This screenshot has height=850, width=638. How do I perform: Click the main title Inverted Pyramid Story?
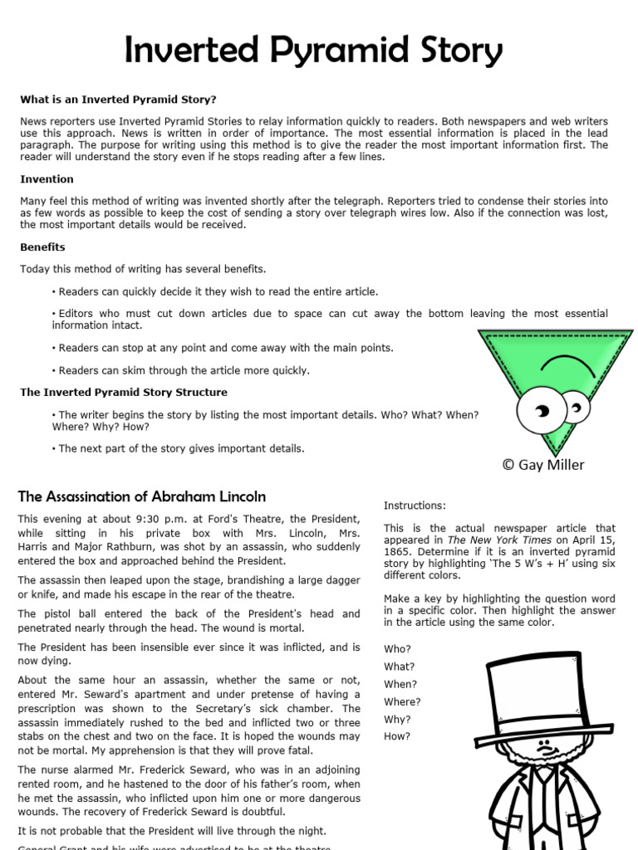pos(313,51)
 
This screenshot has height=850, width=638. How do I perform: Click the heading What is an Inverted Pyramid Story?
pos(118,99)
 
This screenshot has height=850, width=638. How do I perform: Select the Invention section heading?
pos(47,178)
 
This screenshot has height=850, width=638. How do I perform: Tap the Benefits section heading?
pos(42,247)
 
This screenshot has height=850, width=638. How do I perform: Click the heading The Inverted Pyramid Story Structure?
pos(124,392)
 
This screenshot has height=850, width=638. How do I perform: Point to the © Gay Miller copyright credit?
pos(542,465)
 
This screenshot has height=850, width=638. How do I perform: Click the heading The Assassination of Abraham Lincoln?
pos(142,496)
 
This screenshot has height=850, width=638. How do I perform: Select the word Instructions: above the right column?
pos(415,505)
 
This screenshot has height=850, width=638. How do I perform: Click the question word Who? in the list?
pos(397,648)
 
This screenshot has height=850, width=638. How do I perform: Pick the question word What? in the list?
pos(399,666)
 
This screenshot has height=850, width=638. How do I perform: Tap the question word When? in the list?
pos(400,684)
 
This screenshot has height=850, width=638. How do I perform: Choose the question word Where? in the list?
pos(402,701)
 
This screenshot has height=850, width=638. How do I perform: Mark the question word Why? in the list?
pos(397,719)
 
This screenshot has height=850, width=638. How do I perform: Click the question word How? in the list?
pos(397,736)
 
